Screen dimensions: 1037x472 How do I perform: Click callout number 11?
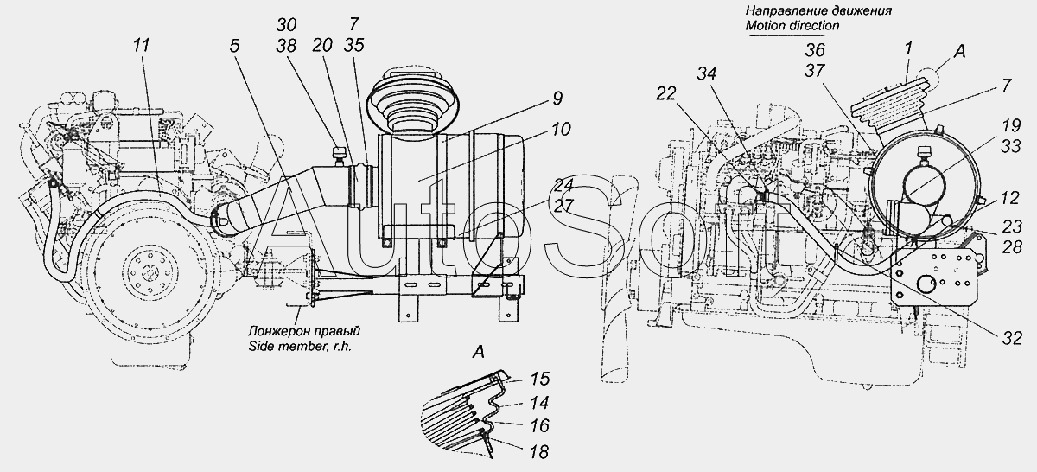(x=141, y=46)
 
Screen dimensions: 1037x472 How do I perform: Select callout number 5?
(x=235, y=46)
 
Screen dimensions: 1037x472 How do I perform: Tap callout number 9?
(x=557, y=99)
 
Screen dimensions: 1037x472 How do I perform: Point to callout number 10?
(x=561, y=129)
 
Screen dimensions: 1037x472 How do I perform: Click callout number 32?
(x=1012, y=339)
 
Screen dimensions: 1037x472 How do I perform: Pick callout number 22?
(x=665, y=94)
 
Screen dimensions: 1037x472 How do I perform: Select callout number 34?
(x=707, y=73)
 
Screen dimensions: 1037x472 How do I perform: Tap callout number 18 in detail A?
(x=539, y=451)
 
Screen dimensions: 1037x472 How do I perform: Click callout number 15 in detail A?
(x=539, y=379)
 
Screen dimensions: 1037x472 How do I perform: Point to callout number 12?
(x=1009, y=198)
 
